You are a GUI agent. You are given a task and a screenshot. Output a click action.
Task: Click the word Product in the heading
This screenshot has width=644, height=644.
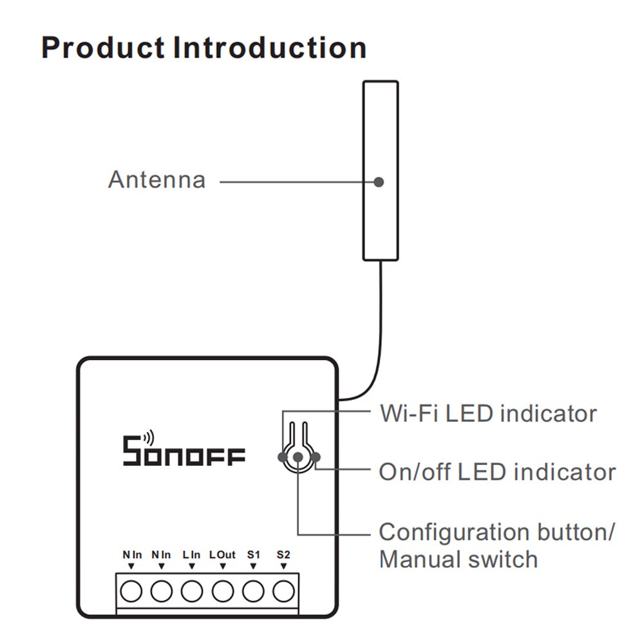click(x=103, y=48)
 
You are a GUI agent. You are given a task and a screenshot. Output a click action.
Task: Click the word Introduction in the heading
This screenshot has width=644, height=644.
click(x=270, y=48)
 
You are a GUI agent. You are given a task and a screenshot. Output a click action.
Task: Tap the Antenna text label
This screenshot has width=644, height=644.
click(x=156, y=180)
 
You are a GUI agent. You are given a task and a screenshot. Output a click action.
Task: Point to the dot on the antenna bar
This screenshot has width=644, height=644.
click(x=379, y=182)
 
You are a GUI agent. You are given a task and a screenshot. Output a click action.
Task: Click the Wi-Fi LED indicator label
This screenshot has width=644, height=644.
click(x=488, y=413)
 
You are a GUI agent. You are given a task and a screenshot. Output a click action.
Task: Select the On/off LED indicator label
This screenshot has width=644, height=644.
click(x=497, y=472)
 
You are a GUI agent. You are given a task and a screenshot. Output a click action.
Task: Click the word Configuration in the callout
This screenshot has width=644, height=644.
click(x=455, y=532)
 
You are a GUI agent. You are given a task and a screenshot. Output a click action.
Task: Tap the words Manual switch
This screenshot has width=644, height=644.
click(x=458, y=559)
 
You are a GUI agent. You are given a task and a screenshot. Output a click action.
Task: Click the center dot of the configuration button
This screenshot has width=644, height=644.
click(x=298, y=457)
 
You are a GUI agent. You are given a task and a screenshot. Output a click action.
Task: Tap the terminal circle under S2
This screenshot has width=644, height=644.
click(x=283, y=590)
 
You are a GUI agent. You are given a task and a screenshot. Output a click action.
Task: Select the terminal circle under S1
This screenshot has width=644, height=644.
click(x=253, y=590)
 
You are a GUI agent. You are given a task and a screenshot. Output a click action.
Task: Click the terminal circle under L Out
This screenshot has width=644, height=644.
click(x=223, y=590)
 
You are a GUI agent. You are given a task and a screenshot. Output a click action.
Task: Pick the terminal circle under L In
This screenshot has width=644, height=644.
click(x=192, y=590)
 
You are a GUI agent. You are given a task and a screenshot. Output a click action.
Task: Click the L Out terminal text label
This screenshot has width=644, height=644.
click(x=223, y=554)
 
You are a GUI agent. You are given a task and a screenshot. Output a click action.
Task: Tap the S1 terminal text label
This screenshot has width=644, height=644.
click(x=253, y=554)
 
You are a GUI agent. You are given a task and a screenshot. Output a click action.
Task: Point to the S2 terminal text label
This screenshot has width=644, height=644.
click(x=283, y=554)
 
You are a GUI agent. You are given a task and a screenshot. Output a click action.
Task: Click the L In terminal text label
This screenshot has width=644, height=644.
click(x=192, y=554)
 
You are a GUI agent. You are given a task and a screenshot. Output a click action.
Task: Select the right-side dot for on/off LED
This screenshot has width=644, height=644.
click(x=315, y=457)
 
